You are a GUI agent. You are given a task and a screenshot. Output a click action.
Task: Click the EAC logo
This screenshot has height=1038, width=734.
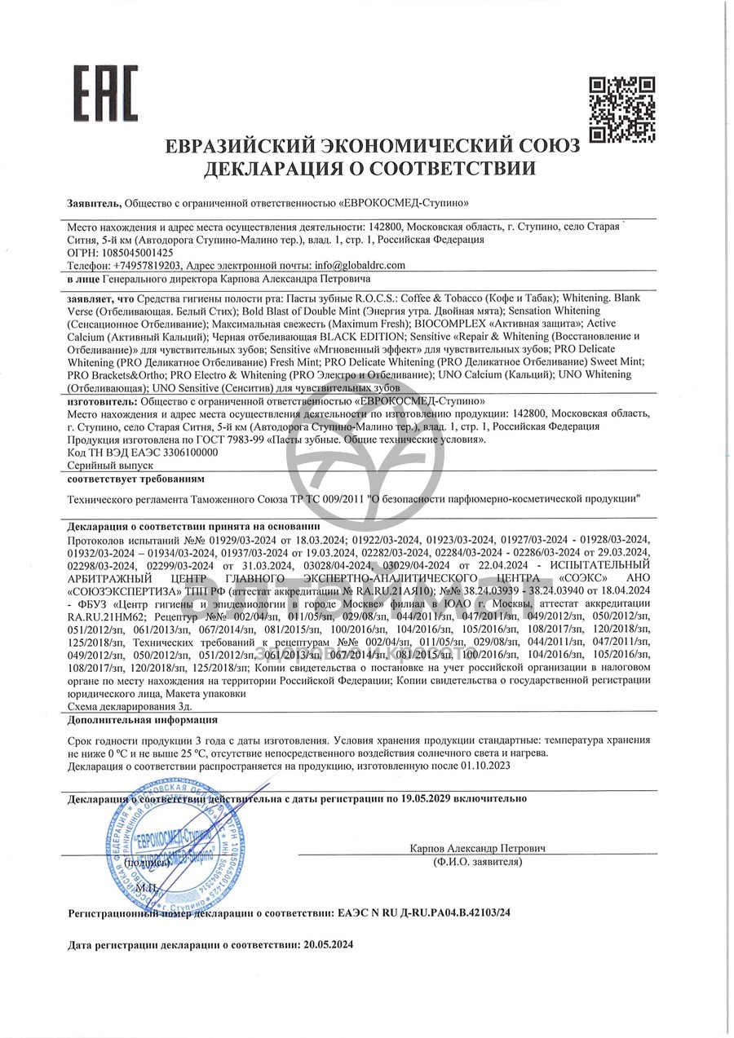pos(106,93)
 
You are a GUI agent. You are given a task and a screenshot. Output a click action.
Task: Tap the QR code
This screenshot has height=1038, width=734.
pos(622,108)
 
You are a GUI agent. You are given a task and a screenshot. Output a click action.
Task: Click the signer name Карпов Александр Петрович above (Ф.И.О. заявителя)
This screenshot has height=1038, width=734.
pos(477,849)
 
